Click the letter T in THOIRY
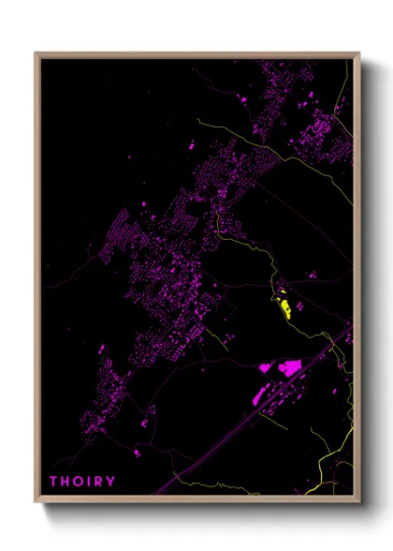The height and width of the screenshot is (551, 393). pos(54,482)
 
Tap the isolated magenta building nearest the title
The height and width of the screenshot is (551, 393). pos(137,453)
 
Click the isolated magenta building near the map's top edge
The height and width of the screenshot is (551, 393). pos(245,98)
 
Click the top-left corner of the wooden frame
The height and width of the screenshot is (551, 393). pos(36,53)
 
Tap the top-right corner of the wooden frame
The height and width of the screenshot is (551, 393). pos(359,53)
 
